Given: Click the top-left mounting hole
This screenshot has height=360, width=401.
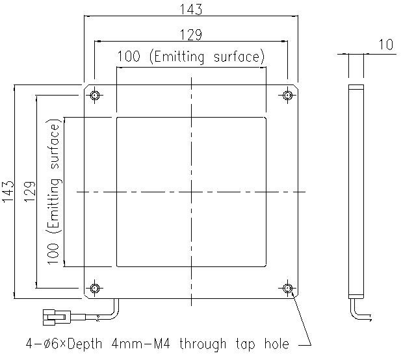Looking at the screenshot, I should pos(96,96).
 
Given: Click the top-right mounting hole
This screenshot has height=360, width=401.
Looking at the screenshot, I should pos(287,96).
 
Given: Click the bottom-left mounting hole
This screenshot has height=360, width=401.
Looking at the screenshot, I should pos(96,287).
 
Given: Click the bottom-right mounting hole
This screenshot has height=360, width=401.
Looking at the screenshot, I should pos(287,287).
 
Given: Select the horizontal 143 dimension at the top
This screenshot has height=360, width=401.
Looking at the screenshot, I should pos(190,10).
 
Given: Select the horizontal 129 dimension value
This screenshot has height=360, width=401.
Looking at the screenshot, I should pos(190,34).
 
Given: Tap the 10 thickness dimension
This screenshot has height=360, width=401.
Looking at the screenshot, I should pos(385,45).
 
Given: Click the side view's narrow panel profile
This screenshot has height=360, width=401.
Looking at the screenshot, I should pos(354,192).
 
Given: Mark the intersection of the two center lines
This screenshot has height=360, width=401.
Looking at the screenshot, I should pos(191,192).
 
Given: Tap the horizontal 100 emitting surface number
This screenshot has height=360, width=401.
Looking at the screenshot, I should pos(129,57).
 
